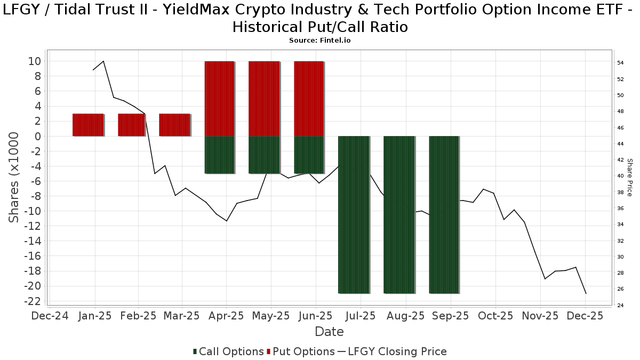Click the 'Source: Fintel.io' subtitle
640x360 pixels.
(319, 40)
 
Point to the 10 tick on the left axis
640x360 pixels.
(35, 61)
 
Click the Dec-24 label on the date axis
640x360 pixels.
(50, 316)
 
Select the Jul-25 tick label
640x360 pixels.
(361, 316)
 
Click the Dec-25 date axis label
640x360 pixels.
(585, 316)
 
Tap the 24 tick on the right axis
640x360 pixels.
(620, 306)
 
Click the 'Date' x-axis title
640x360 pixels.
(329, 332)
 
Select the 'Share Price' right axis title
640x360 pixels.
(629, 177)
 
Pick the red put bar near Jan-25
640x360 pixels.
(88, 125)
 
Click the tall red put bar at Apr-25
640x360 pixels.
(219, 99)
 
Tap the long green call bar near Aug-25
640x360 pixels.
(399, 214)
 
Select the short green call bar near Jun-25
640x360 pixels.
(309, 155)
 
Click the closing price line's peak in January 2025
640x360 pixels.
(103, 61)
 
